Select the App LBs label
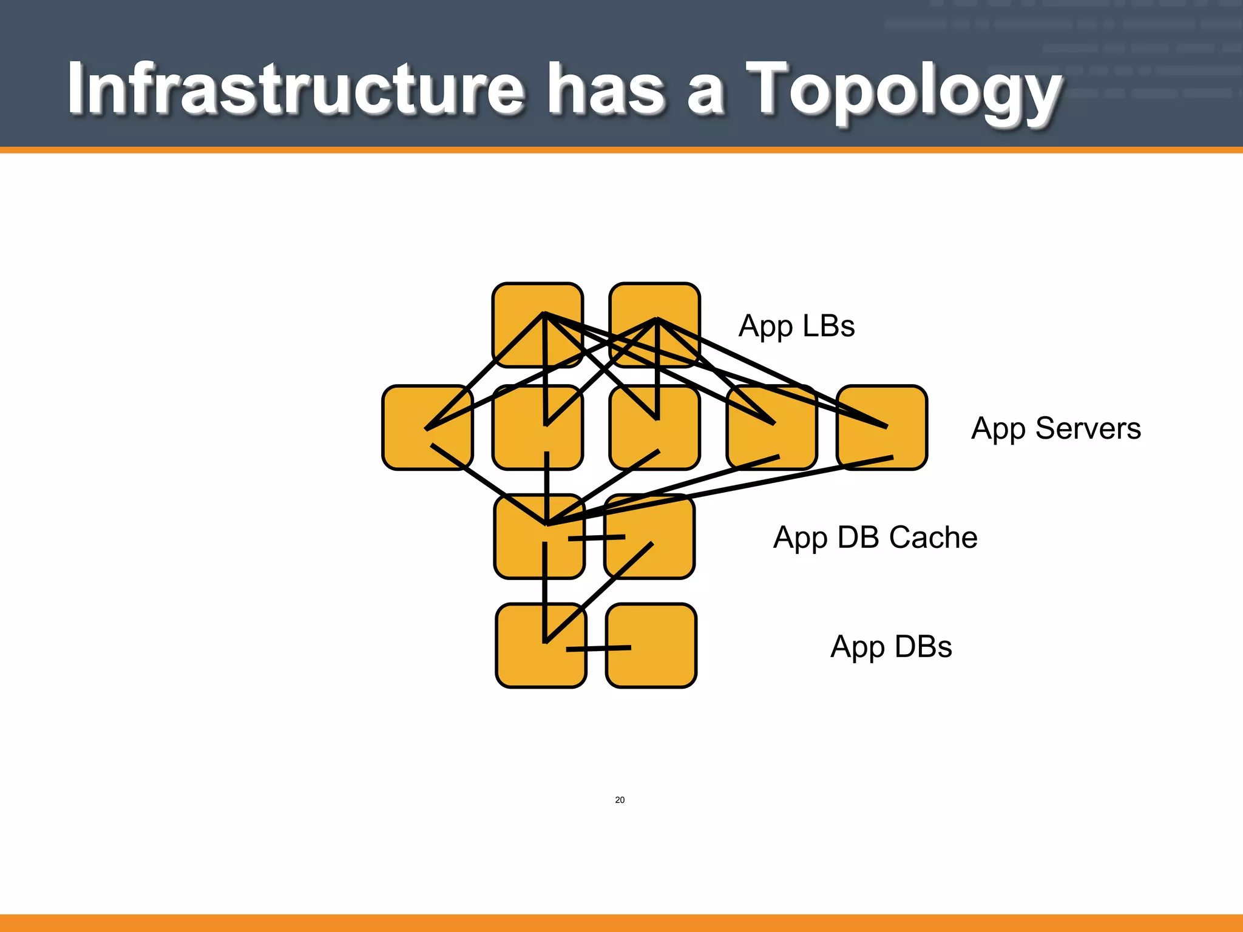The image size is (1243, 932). coord(796,326)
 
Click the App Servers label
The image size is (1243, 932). coord(1055,428)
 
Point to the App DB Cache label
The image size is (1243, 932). coord(875,538)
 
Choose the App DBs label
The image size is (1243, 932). coord(890,647)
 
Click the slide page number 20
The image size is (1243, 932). coord(620,800)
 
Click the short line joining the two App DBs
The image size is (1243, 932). coord(598,649)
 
